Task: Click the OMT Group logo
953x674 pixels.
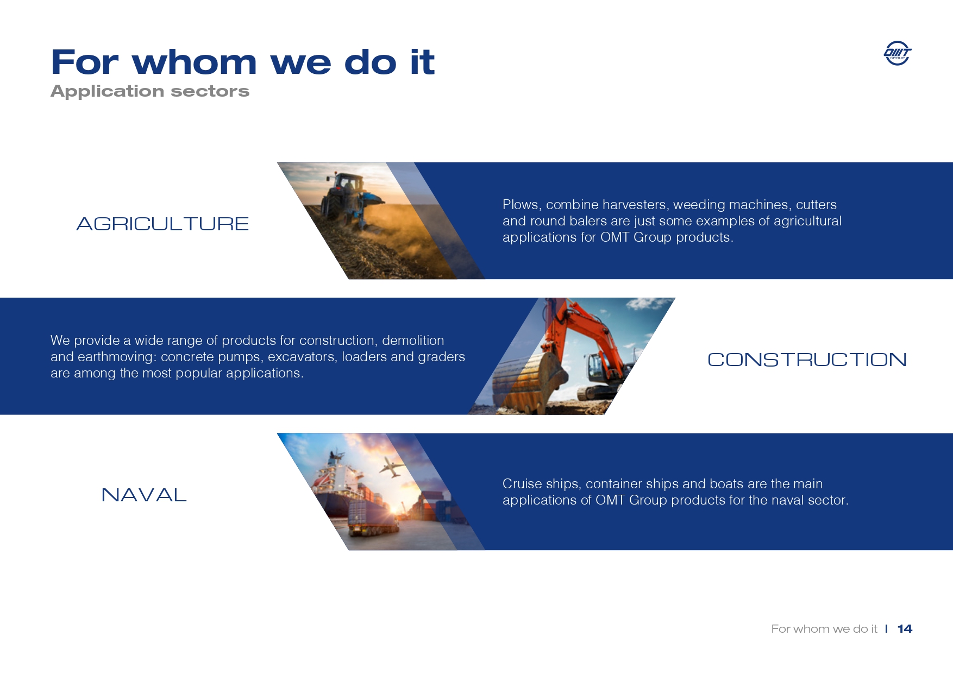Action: [x=898, y=53]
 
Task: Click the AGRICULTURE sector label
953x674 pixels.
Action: [x=162, y=224]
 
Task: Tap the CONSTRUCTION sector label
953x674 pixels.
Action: [x=807, y=360]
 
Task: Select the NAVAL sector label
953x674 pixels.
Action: [x=144, y=495]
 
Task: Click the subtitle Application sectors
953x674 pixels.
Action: [x=150, y=91]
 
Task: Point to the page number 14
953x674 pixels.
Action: [x=905, y=628]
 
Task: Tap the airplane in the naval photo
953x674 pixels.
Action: [x=392, y=467]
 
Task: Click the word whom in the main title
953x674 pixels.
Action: [x=194, y=62]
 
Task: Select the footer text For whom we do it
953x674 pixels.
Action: [x=824, y=628]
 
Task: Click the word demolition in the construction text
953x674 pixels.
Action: [x=413, y=341]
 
